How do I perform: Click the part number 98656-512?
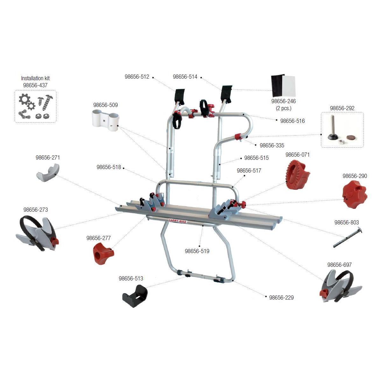pyautogui.click(x=137, y=77)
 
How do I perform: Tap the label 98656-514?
pyautogui.click(x=185, y=77)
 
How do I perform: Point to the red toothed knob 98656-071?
pyautogui.click(x=298, y=174)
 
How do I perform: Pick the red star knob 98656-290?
pyautogui.click(x=354, y=194)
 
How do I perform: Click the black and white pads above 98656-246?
pyautogui.click(x=283, y=86)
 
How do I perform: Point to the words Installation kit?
pyautogui.click(x=35, y=78)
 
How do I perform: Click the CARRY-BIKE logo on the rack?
pyautogui.click(x=177, y=221)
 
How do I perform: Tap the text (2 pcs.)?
pyautogui.click(x=284, y=108)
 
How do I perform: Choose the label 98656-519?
pyautogui.click(x=197, y=251)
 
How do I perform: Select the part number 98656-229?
pyautogui.click(x=281, y=298)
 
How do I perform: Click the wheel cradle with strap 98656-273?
pyautogui.click(x=37, y=234)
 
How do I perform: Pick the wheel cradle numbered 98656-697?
pyautogui.click(x=341, y=286)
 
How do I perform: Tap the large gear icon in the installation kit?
pyautogui.click(x=25, y=100)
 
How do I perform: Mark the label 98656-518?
pyautogui.click(x=109, y=167)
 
